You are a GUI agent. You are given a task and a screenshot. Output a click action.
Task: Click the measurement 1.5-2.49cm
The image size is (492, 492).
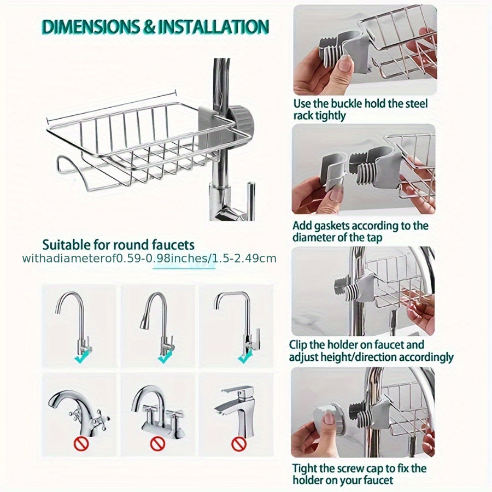click(246, 259)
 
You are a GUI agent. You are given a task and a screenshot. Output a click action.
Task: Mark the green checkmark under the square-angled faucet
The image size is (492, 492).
click(245, 356)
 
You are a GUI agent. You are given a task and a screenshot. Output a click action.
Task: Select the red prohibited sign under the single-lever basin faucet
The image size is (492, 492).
click(239, 443)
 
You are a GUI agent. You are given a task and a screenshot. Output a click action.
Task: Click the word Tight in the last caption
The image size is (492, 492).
click(304, 468)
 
